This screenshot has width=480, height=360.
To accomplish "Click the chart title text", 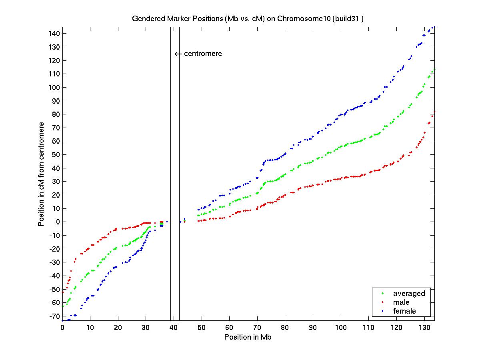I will coord(248,19).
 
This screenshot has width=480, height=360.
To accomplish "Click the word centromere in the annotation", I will coord(203,54).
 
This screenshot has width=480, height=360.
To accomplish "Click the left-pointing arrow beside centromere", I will coord(178,54).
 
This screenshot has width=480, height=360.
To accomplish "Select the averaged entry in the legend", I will coord(409,294).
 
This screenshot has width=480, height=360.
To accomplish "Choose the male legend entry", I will coord(401,302).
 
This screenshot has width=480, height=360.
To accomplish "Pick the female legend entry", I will coord(404,311).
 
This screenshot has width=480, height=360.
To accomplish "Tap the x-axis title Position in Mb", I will coord(248,337).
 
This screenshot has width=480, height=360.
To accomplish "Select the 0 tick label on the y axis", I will coord(57,222).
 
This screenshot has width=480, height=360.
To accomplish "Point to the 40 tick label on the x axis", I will coord(174,328).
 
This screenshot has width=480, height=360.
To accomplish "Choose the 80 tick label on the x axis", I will coord(285,328).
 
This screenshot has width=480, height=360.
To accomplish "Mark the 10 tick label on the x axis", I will coord(90,328).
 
